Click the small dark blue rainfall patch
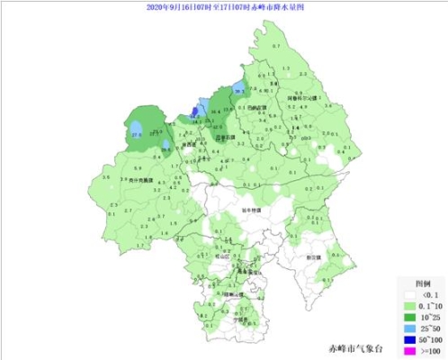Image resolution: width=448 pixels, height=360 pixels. click(x=194, y=113)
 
